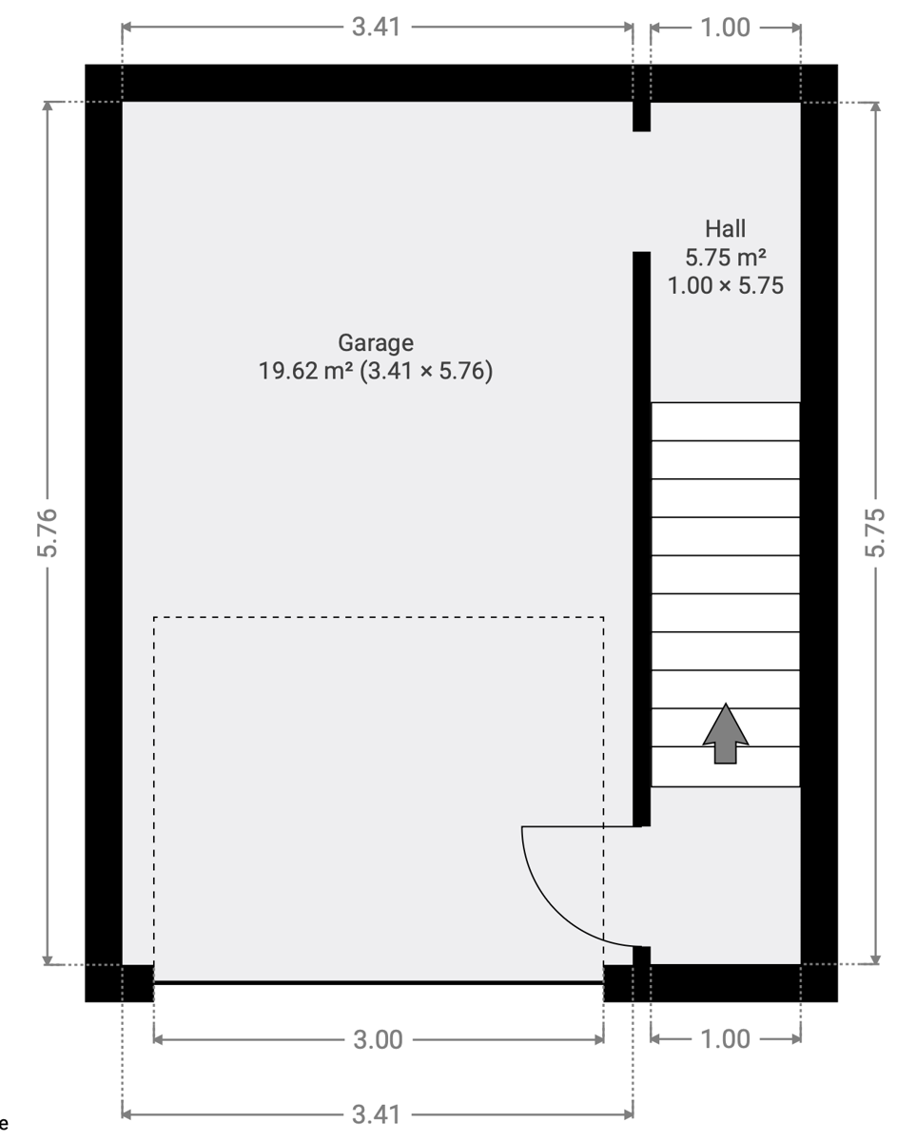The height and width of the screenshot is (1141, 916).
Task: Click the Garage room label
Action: pyautogui.click(x=376, y=343)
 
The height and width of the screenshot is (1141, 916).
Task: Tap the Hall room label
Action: pyautogui.click(x=725, y=229)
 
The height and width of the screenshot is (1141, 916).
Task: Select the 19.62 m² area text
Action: pyautogui.click(x=305, y=371)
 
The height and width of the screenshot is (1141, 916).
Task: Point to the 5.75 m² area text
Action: pyautogui.click(x=725, y=258)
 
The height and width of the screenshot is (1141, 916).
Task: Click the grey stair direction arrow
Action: pyautogui.click(x=725, y=734)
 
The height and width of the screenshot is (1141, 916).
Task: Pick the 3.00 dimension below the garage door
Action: pyautogui.click(x=379, y=1039)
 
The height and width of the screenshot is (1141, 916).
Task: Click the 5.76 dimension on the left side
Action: pyautogui.click(x=48, y=532)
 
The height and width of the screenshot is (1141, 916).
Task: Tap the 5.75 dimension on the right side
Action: pyautogui.click(x=875, y=532)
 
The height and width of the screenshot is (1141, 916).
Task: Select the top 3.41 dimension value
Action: pyautogui.click(x=376, y=27)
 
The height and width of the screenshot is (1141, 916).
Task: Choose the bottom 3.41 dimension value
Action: pyautogui.click(x=376, y=1115)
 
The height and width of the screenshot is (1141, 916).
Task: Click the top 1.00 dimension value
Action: pyautogui.click(x=725, y=28)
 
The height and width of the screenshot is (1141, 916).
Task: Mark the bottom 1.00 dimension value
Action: pyautogui.click(x=725, y=1039)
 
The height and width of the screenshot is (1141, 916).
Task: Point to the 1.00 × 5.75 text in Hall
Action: pyautogui.click(x=725, y=286)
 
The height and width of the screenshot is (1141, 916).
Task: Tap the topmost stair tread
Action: pyautogui.click(x=725, y=421)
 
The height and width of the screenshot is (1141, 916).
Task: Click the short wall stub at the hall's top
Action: pyautogui.click(x=641, y=116)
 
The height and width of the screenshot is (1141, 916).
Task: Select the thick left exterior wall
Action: pyautogui.click(x=104, y=532)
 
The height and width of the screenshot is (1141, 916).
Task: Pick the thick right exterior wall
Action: pyautogui.click(x=819, y=532)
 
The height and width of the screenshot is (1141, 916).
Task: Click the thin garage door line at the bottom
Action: pyautogui.click(x=379, y=982)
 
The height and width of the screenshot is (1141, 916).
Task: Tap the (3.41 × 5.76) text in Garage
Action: pyautogui.click(x=426, y=371)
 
